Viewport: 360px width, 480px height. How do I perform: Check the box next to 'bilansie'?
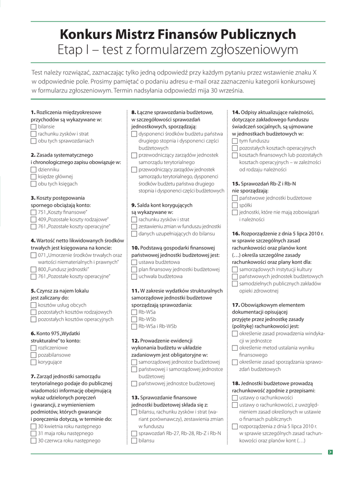[x=33, y=127]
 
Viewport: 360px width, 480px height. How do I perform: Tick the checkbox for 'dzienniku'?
[x=33, y=169]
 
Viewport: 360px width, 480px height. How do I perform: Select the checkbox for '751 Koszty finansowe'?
[x=33, y=212]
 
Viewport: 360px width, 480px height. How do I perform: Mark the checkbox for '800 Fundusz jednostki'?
[x=33, y=269]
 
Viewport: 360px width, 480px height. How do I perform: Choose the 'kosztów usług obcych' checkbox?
[x=33, y=305]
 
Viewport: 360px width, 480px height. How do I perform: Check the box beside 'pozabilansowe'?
[x=33, y=355]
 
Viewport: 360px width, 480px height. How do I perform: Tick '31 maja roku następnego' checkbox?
[x=33, y=434]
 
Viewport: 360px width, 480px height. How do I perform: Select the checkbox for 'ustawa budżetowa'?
[x=134, y=262]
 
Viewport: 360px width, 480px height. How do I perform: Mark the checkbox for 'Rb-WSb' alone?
[x=134, y=319]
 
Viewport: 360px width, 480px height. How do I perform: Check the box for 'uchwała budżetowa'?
[x=134, y=277]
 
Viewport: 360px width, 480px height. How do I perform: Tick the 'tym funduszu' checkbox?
[x=235, y=141]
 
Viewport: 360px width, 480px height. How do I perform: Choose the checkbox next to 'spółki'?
[x=235, y=205]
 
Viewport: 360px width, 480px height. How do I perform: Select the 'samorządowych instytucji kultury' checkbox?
[x=235, y=270]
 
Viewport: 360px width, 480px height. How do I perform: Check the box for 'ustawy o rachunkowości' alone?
[x=235, y=397]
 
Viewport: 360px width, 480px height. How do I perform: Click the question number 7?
[x=33, y=376]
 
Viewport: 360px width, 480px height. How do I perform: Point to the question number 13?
[x=135, y=397]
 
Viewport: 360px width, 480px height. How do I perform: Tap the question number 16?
[x=236, y=233]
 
